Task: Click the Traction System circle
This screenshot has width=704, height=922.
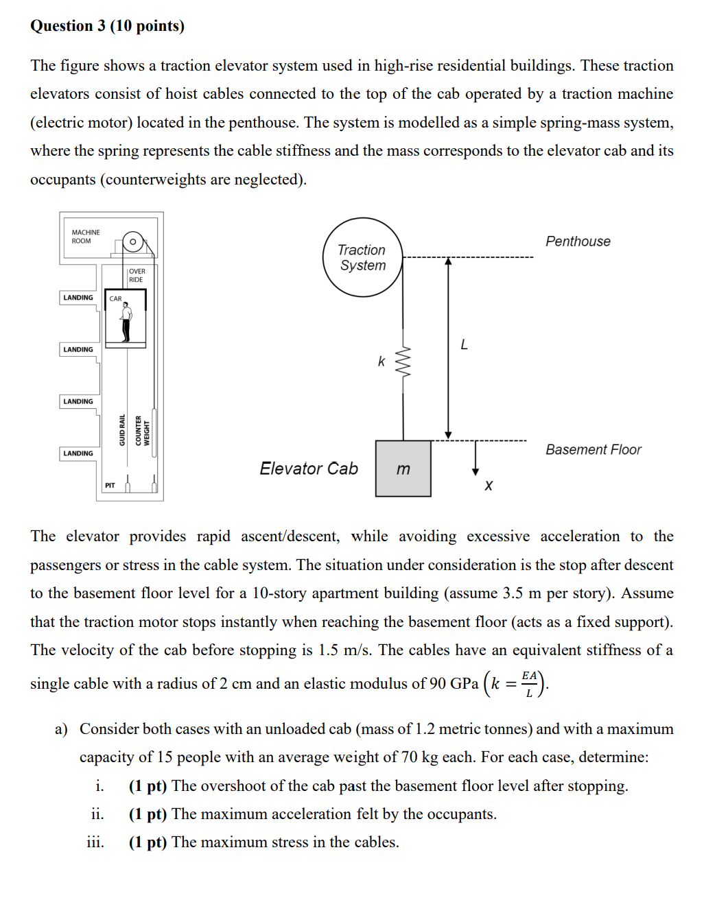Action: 362,257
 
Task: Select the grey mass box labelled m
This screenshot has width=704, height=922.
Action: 403,469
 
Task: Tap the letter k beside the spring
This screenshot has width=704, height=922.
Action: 382,361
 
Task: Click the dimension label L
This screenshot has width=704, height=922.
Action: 464,344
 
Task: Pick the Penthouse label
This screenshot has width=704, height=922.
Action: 578,241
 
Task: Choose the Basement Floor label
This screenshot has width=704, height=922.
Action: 594,450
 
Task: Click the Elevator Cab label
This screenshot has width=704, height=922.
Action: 309,469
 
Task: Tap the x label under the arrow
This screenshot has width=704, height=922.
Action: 489,486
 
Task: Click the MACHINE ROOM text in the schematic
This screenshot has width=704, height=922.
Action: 86,237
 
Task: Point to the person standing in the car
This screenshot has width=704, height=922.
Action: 126,323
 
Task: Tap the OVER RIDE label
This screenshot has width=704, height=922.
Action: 137,275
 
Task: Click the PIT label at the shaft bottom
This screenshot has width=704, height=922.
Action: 110,486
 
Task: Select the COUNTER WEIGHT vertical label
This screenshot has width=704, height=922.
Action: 142,431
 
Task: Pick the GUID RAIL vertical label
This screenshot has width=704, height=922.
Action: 122,430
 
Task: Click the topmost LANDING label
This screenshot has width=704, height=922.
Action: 78,298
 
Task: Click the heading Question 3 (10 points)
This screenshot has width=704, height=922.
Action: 107,26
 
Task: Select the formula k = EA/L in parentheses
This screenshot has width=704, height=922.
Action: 515,684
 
